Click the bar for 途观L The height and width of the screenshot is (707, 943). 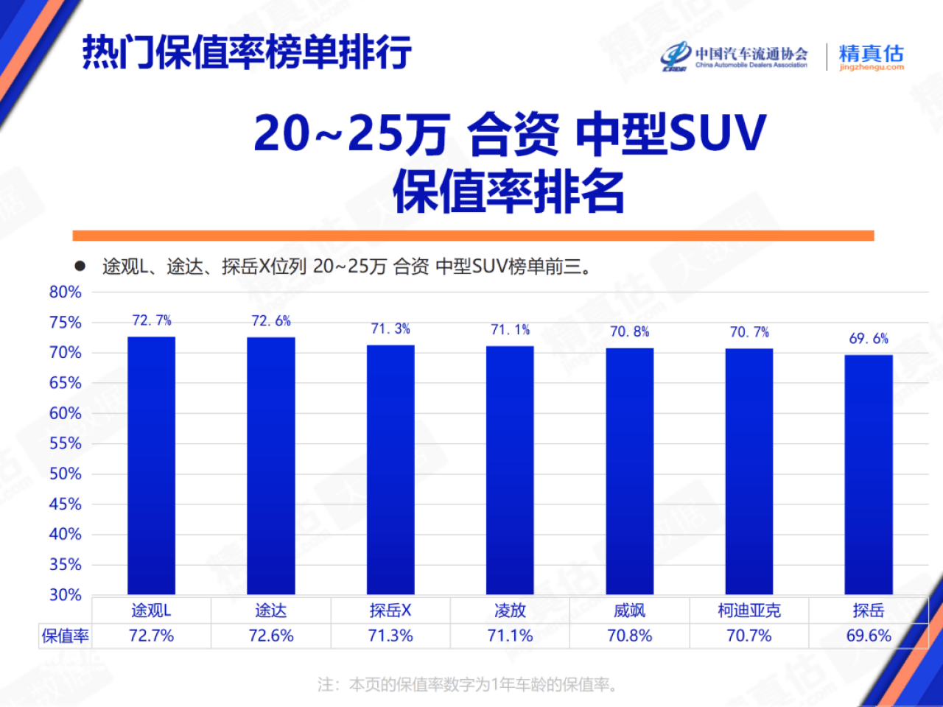pos(151,465)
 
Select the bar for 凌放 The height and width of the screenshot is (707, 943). pos(510,470)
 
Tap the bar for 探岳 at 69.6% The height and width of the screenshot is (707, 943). pos(869,474)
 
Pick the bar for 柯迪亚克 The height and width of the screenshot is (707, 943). pos(749,471)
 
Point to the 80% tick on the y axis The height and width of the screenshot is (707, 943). pos(65,292)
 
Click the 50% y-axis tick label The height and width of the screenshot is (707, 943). pos(65,474)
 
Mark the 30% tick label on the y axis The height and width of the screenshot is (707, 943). pos(65,594)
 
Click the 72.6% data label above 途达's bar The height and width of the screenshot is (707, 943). pos(271,321)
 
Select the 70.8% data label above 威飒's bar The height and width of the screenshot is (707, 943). pos(630,332)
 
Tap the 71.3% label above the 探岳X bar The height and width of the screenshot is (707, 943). pos(390,329)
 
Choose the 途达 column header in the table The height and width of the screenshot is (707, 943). pos(271,611)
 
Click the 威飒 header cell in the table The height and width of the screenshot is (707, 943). pos(630,611)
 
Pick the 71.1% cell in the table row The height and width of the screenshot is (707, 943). pos(510,636)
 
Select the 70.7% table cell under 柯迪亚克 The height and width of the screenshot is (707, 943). pos(749,636)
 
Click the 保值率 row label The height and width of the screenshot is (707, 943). pos(66,636)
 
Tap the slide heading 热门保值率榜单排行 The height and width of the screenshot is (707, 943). pos(247,53)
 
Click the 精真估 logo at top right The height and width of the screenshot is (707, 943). pos(871,57)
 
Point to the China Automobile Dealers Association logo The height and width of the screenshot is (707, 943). pos(735,57)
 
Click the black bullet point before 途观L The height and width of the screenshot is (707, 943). pos(80,266)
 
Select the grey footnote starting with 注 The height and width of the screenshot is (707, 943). pos(467,685)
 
